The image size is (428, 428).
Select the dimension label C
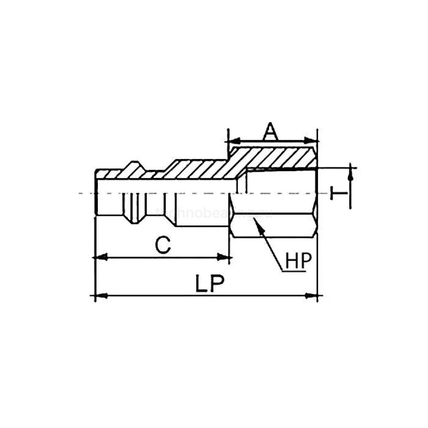[161, 245]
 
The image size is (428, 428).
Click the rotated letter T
[337, 193]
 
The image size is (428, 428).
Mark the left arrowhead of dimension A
[231, 140]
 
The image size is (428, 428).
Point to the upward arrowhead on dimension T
[351, 173]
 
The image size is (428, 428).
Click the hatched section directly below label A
[272, 156]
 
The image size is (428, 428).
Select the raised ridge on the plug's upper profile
[133, 166]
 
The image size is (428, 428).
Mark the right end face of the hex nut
[317, 193]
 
